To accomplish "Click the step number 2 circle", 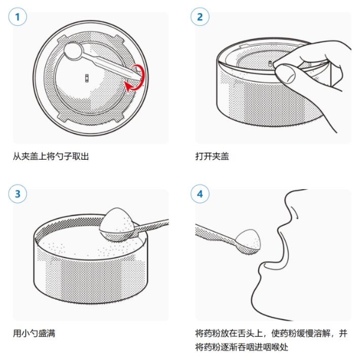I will point(200,17).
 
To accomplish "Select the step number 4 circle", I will point(200,194).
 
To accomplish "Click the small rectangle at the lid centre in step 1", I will point(88,77).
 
